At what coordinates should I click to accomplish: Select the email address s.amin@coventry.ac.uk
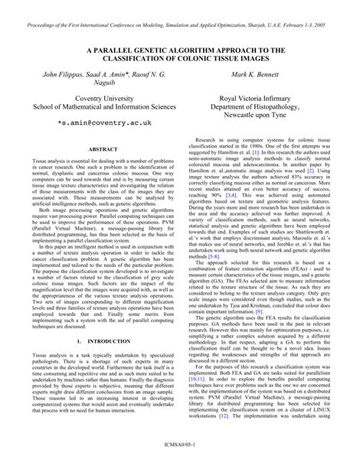click(x=104, y=122)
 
